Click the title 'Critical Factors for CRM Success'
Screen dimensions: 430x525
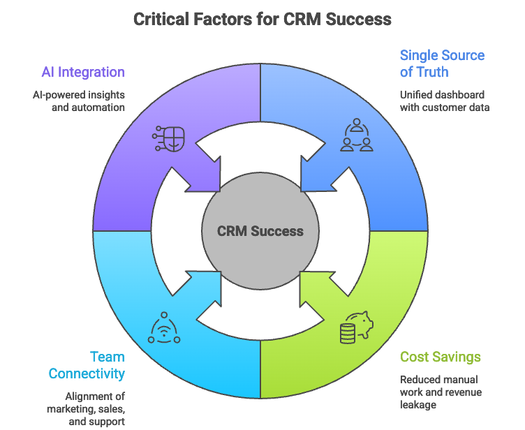pos(262,19)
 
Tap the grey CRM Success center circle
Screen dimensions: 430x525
pos(260,231)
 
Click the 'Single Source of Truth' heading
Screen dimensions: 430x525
pos(442,64)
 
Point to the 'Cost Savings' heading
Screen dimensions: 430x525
pos(440,357)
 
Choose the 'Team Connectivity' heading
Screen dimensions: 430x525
pos(87,366)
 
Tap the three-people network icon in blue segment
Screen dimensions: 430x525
pos(356,135)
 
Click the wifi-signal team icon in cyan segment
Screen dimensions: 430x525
pos(164,328)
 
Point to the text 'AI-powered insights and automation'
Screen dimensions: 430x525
pos(78,101)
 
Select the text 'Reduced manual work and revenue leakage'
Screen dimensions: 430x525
pos(440,392)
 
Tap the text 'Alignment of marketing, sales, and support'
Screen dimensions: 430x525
pos(85,410)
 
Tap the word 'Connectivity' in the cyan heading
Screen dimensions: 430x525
pos(87,373)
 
